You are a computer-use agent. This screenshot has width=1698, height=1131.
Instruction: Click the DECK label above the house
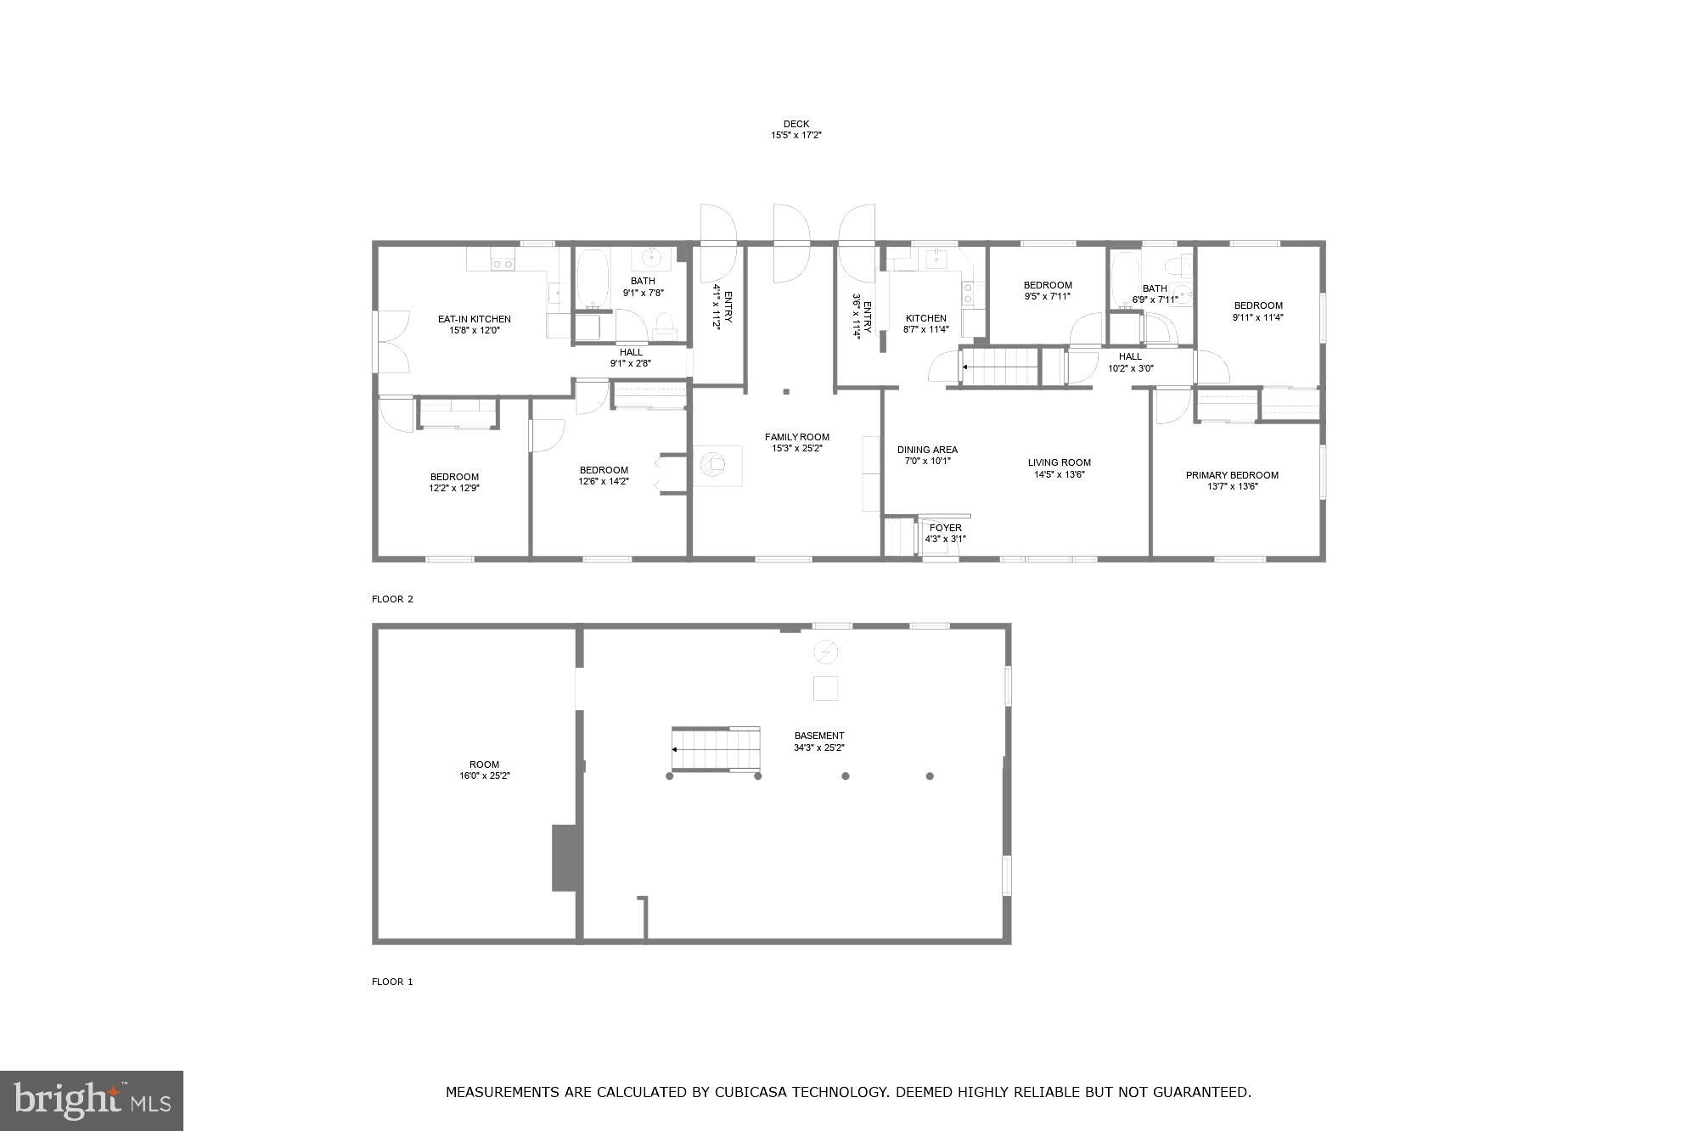coord(796,124)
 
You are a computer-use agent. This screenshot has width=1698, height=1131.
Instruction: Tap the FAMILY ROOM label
coord(796,437)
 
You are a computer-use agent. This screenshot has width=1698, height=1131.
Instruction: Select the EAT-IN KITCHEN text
coord(474,319)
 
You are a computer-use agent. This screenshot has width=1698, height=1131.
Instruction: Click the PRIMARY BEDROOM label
coord(1232,475)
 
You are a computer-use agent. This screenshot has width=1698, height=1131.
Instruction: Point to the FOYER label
coord(945,528)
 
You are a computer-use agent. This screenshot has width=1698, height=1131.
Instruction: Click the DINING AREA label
coord(927,450)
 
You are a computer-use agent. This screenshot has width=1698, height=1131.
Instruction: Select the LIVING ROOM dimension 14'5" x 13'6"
coord(1059,474)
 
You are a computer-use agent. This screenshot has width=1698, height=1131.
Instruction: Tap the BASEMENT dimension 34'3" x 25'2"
coord(818,747)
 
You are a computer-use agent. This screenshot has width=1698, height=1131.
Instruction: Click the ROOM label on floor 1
coord(484,764)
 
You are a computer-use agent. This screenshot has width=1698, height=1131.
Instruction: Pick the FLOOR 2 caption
coord(392,599)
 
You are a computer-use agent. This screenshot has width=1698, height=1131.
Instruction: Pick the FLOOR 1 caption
coord(392,982)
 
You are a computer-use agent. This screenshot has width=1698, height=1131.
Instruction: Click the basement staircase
coord(715,749)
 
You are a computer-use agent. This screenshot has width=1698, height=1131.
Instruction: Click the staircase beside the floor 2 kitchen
coord(1000,367)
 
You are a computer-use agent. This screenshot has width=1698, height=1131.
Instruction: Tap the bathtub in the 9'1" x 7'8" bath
coord(590,278)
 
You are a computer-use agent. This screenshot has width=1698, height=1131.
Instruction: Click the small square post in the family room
coord(786,392)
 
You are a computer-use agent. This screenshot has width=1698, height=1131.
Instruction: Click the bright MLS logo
coord(92,1100)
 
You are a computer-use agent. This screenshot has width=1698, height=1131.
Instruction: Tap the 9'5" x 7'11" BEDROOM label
coord(1047,285)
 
